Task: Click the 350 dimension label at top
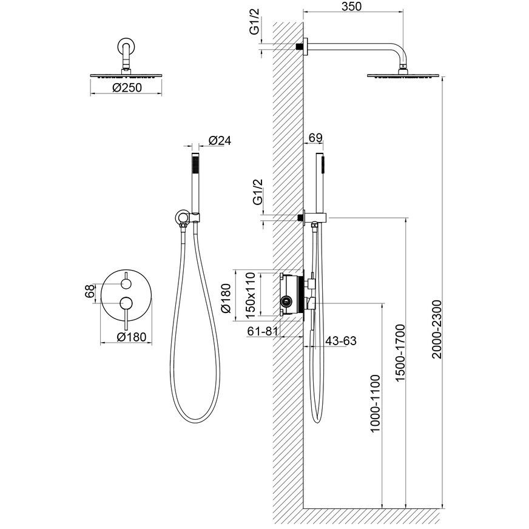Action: click(351, 7)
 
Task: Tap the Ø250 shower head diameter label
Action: click(127, 88)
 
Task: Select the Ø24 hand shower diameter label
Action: click(220, 140)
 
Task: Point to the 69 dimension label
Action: click(316, 138)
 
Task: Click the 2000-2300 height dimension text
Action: click(437, 329)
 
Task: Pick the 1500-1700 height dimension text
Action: click(400, 352)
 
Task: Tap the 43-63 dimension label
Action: click(341, 341)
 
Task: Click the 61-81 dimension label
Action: click(263, 331)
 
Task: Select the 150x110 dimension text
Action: click(251, 295)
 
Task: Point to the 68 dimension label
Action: click(90, 292)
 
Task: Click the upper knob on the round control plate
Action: click(126, 284)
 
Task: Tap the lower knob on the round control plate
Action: click(126, 303)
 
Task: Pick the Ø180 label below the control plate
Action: click(132, 337)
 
